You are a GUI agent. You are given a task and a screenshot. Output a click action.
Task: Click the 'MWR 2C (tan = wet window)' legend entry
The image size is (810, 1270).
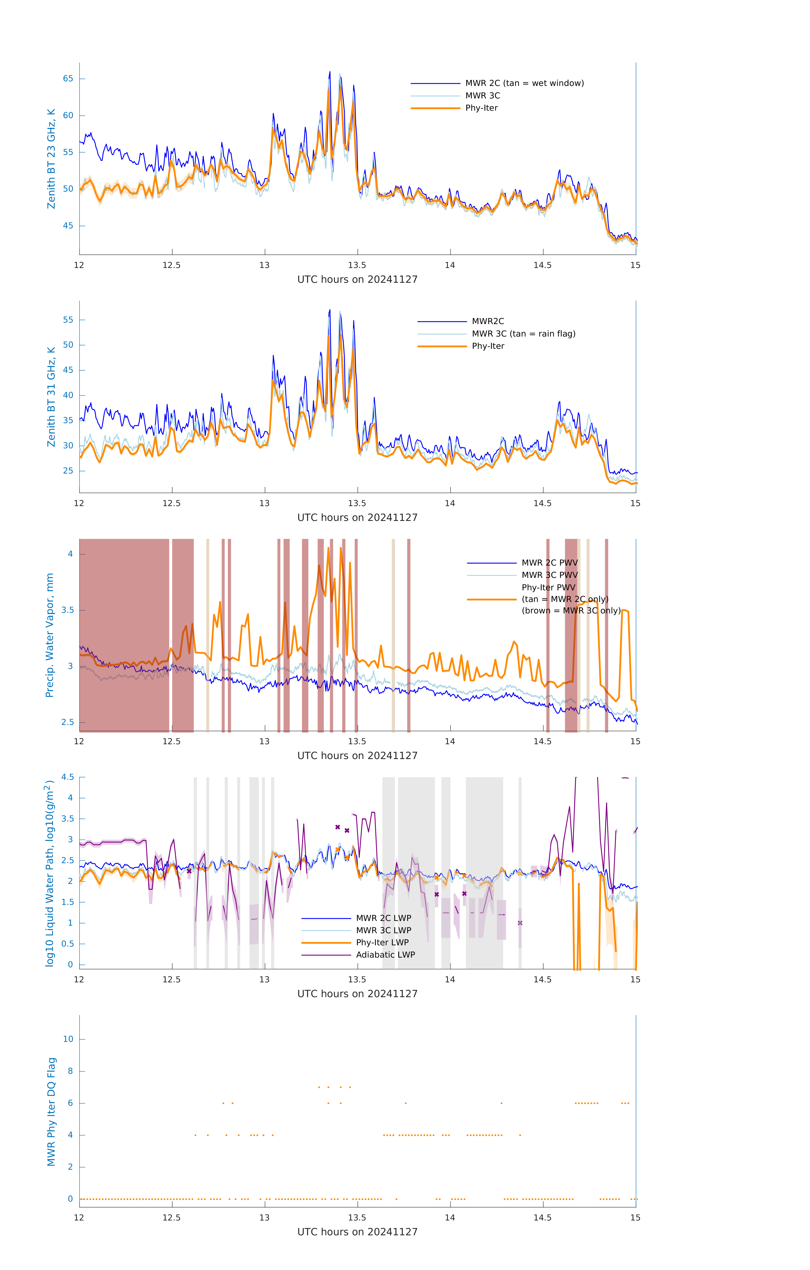pyautogui.click(x=524, y=83)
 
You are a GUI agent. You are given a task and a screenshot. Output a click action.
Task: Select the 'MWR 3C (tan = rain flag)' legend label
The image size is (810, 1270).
pyautogui.click(x=523, y=334)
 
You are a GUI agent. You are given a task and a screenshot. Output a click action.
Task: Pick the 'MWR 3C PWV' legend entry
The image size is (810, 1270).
pyautogui.click(x=549, y=575)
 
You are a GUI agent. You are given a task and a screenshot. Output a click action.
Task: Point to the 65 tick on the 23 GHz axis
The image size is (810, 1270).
pyautogui.click(x=68, y=79)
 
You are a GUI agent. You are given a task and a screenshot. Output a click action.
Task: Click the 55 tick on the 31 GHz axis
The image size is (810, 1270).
pyautogui.click(x=68, y=320)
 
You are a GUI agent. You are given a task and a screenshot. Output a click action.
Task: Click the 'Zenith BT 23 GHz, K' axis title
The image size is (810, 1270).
pyautogui.click(x=51, y=159)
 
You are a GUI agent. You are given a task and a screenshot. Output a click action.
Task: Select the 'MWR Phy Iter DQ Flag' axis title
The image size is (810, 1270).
pyautogui.click(x=51, y=1112)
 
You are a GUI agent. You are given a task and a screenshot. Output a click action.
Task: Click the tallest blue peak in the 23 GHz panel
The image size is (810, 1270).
pyautogui.click(x=330, y=72)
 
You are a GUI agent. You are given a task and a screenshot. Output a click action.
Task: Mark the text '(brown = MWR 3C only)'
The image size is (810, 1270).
pyautogui.click(x=571, y=611)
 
